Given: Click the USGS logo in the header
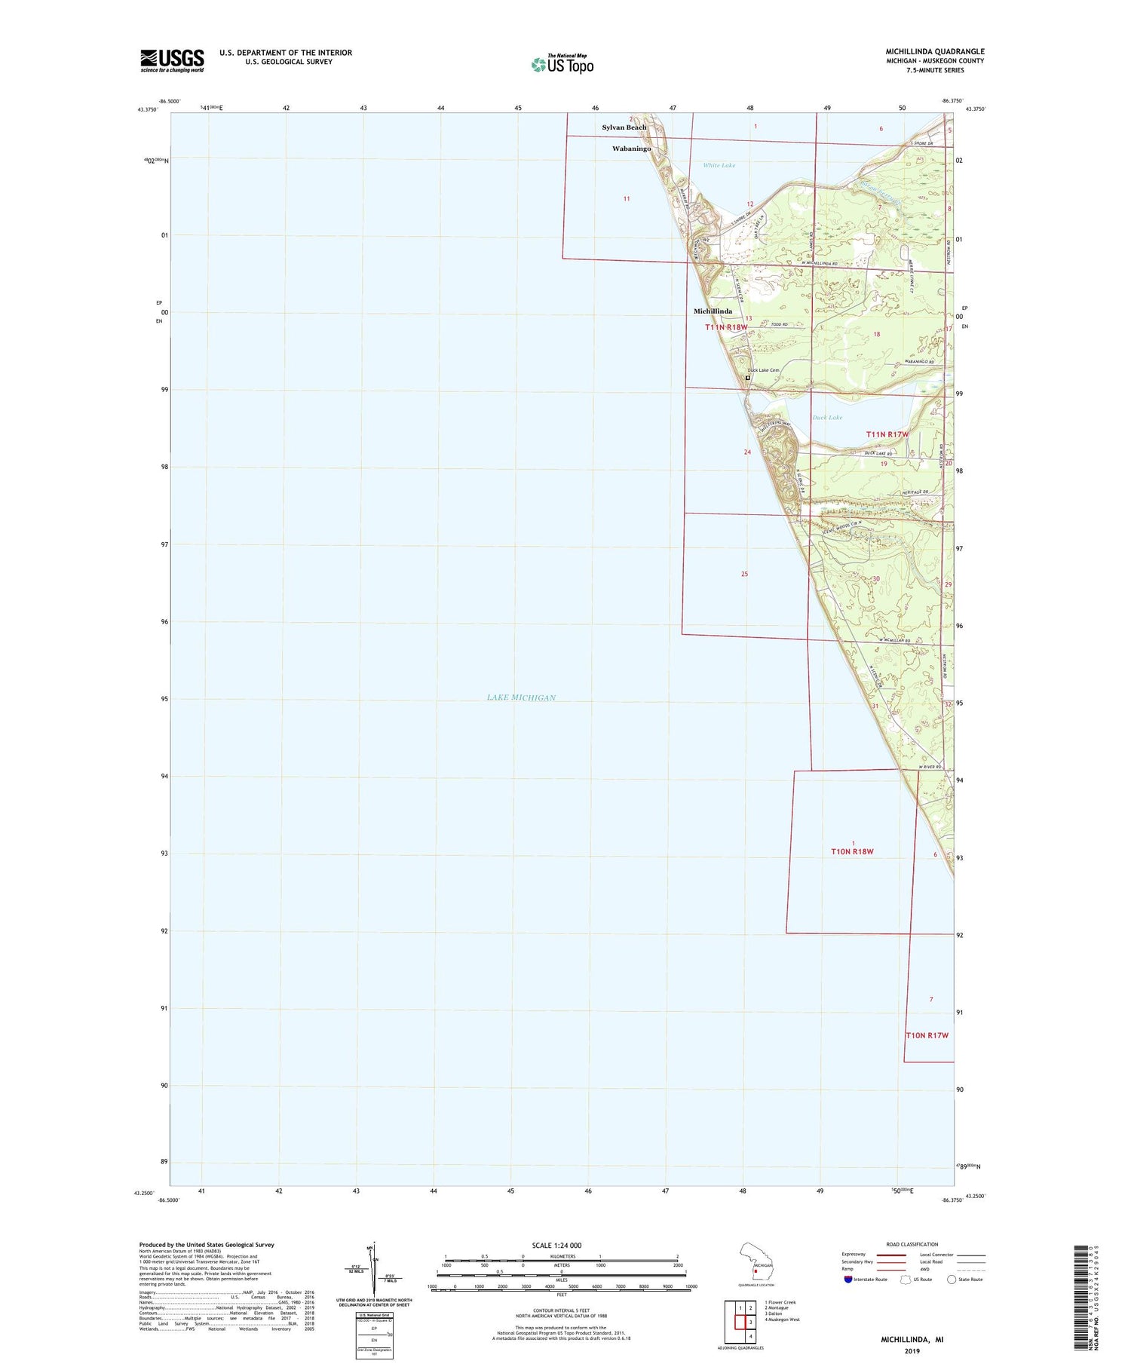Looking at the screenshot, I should click(x=172, y=60).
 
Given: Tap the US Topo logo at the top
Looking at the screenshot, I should click(x=562, y=64).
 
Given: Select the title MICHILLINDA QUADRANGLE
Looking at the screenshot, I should click(x=935, y=51).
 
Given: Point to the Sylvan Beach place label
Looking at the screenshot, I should click(x=624, y=127).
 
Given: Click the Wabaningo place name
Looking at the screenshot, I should click(x=631, y=149).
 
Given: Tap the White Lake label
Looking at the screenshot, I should click(x=719, y=165).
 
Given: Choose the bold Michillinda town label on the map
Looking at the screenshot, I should click(x=713, y=311).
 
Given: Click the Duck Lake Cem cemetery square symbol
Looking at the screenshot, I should click(x=747, y=378).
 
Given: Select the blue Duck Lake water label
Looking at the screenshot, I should click(x=827, y=417).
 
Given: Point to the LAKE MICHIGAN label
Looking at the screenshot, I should click(x=521, y=697).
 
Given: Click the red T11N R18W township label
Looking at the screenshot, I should click(x=726, y=327).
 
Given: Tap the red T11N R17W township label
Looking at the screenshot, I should click(x=887, y=434).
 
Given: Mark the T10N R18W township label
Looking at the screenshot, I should click(x=852, y=851).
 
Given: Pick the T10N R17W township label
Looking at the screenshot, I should click(x=927, y=1035).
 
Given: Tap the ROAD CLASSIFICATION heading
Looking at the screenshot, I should click(x=912, y=1244).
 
